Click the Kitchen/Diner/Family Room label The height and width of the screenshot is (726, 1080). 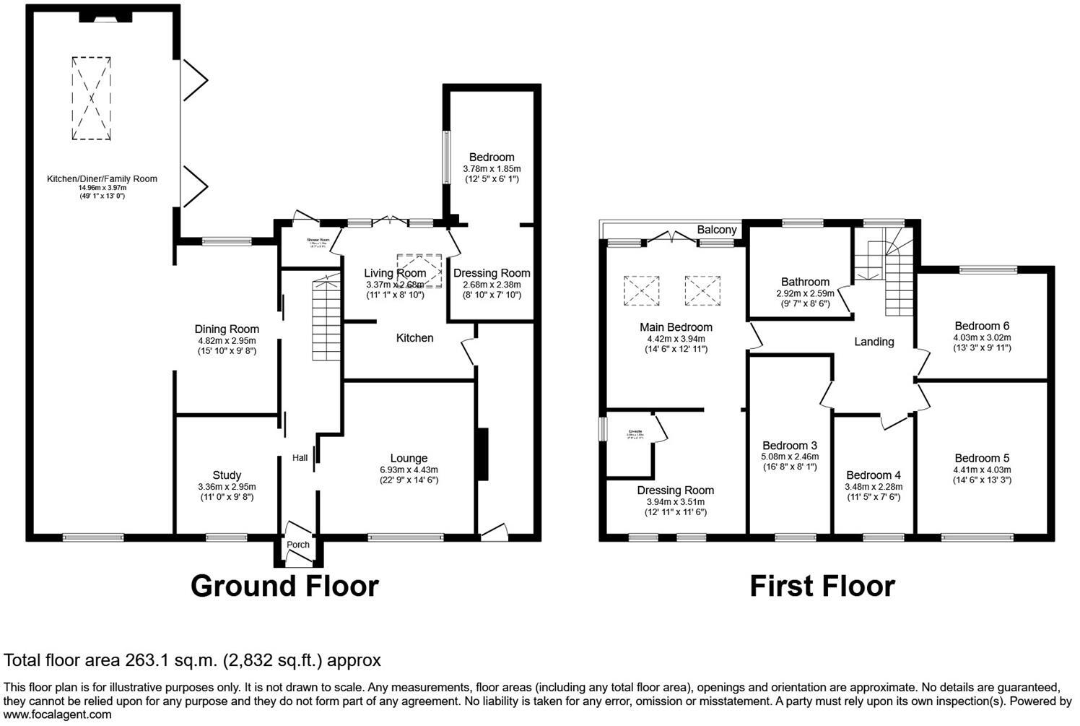(x=102, y=179)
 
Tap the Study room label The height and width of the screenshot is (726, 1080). (x=227, y=475)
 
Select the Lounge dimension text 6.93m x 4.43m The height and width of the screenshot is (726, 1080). (x=409, y=470)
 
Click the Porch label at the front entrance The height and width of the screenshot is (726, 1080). (x=298, y=545)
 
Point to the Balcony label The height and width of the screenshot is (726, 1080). (x=716, y=230)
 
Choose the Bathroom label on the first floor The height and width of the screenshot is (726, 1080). (x=805, y=282)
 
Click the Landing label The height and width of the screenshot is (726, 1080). (x=874, y=342)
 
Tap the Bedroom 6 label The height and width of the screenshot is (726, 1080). (x=981, y=326)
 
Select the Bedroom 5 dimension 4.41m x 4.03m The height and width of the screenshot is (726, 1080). (x=982, y=470)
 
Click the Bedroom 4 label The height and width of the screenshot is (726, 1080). (x=874, y=475)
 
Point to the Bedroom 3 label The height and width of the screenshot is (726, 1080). (x=790, y=445)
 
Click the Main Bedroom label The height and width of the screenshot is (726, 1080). (x=676, y=327)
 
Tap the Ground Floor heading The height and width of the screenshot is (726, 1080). (x=284, y=586)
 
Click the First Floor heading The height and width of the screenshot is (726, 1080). (x=822, y=586)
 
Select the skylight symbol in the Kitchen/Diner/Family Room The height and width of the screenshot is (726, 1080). (x=92, y=98)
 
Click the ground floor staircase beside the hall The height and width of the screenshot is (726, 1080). (x=326, y=321)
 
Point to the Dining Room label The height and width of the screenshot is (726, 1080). (x=227, y=329)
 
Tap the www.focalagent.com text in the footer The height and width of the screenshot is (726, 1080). (x=58, y=715)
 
